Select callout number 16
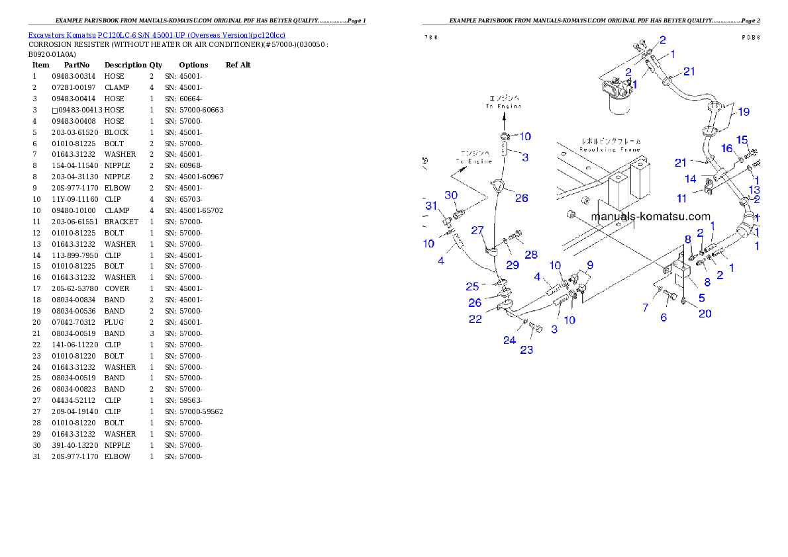coord(727,148)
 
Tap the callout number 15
coord(742,140)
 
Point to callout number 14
coord(691,179)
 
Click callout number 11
coord(682,198)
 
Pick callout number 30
coord(451,195)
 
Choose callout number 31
coord(431,206)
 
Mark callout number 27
coord(477,230)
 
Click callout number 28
coord(531,255)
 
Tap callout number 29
coord(513,265)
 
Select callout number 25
coord(472,286)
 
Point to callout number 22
coord(475,319)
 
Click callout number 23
coord(526,350)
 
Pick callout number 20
coord(705,314)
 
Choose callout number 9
coord(589,265)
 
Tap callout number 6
coord(664,318)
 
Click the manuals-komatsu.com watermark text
coord(650,216)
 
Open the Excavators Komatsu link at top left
coord(156,35)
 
